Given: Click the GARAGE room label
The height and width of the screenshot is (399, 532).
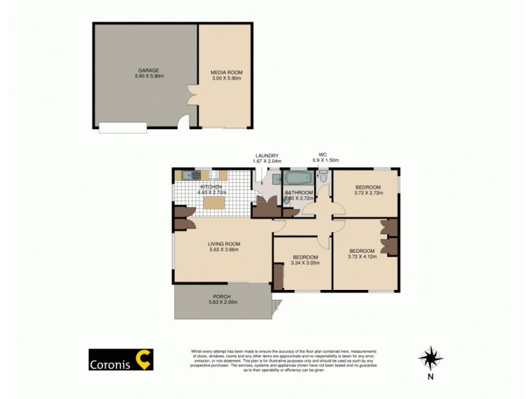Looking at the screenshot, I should pos(148,70).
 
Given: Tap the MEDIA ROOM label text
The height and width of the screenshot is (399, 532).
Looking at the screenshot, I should pos(225,71).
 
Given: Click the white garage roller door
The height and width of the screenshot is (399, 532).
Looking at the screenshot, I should pos(123,128).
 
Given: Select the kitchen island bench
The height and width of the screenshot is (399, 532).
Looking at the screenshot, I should pos(213,203).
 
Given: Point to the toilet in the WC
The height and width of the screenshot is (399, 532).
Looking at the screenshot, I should pos(323,177).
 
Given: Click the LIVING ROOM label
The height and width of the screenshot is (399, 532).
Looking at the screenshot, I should pos(223,243).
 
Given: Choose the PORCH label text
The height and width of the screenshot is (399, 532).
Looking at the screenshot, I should pos(222,297).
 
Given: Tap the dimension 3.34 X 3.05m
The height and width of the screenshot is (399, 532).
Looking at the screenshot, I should pos(305,263).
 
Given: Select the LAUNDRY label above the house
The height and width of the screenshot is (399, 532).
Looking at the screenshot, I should pos(266,156).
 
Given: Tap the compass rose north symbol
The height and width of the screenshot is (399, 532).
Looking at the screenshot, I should pos(431,358).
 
